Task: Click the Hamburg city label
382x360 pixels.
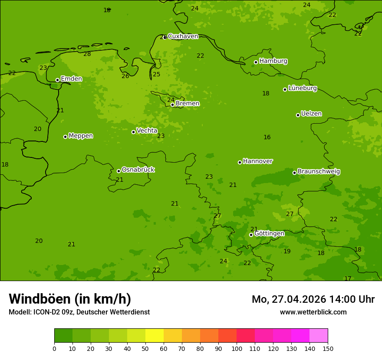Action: click(x=273, y=61)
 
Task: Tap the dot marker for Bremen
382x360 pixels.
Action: click(x=172, y=105)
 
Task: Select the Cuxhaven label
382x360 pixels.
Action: click(x=183, y=36)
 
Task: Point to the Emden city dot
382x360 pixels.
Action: click(x=57, y=80)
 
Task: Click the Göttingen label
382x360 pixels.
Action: click(x=269, y=234)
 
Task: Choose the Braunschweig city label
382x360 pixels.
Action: click(x=319, y=172)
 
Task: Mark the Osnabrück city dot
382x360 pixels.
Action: click(x=119, y=171)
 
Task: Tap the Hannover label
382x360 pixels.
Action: click(x=257, y=161)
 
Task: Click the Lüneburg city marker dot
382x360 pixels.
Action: click(x=285, y=89)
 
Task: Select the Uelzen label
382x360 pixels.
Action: click(x=311, y=114)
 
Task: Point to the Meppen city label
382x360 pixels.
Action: click(x=81, y=136)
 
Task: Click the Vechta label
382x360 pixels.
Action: click(x=147, y=131)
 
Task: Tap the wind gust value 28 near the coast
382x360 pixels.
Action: click(x=87, y=54)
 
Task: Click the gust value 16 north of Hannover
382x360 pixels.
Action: click(x=267, y=137)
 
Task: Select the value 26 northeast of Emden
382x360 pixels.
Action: click(x=125, y=76)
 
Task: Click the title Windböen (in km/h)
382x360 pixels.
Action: click(x=70, y=299)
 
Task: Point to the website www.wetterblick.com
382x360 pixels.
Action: click(x=313, y=312)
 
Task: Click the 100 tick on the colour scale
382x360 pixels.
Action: click(x=237, y=348)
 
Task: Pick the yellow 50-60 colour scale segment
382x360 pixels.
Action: click(x=155, y=336)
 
